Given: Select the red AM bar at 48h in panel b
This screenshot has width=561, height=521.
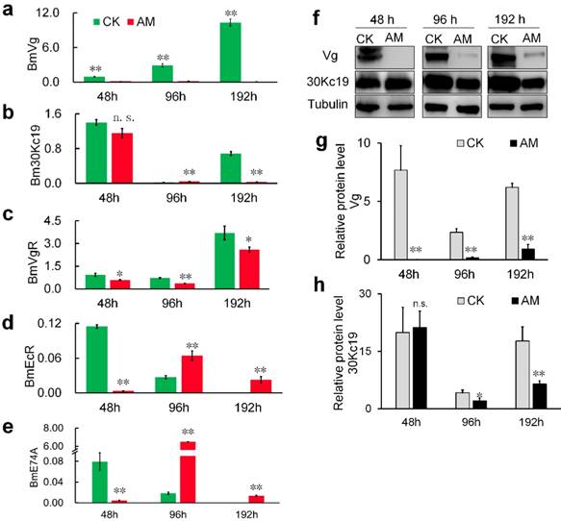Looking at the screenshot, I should [119, 158].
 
